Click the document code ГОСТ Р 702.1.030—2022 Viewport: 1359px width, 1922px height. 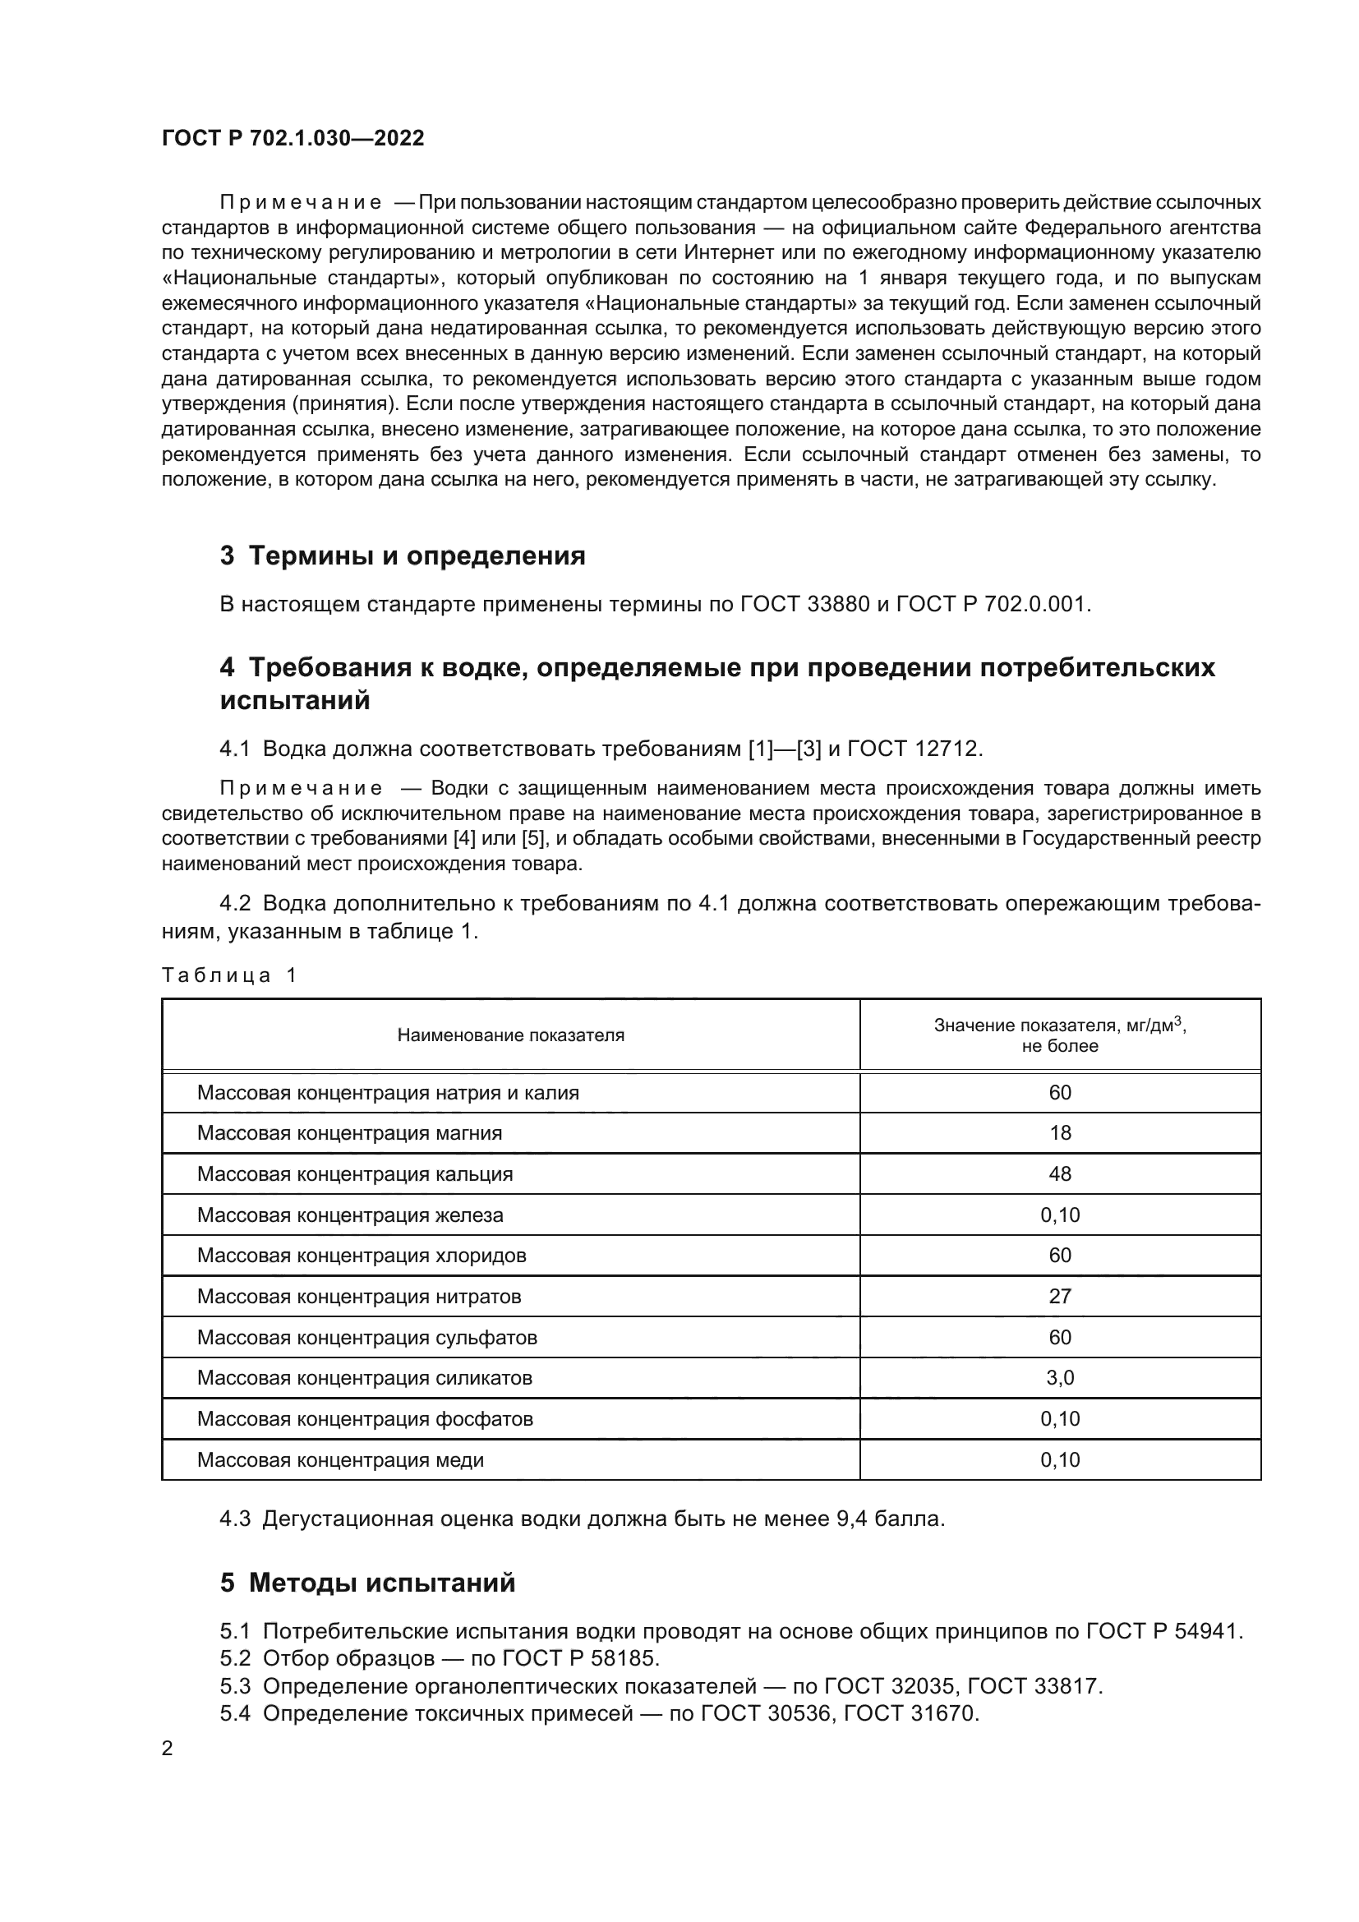293,138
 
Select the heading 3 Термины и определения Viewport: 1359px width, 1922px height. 403,555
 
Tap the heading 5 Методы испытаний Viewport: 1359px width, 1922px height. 367,1583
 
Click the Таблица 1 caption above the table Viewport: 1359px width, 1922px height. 229,975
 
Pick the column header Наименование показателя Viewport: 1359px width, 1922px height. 510,1035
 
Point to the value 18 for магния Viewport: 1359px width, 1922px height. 1059,1133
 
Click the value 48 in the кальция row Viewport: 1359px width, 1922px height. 1059,1174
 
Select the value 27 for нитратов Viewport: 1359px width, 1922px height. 1059,1297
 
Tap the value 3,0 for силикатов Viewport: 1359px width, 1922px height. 1059,1378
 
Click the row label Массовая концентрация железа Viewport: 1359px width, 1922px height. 350,1215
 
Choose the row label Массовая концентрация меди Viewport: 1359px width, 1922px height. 341,1460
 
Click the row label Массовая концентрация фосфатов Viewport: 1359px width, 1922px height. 365,1419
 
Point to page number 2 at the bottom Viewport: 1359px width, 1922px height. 168,1748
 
